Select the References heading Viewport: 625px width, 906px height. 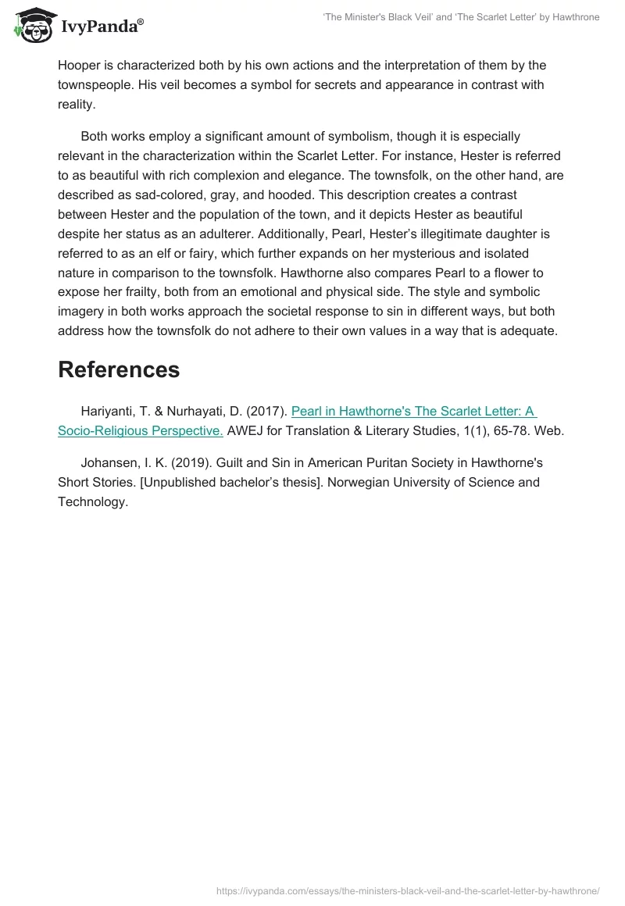click(x=119, y=369)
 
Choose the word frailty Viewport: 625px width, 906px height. click(x=156, y=292)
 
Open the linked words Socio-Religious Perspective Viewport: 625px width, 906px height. click(x=141, y=430)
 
